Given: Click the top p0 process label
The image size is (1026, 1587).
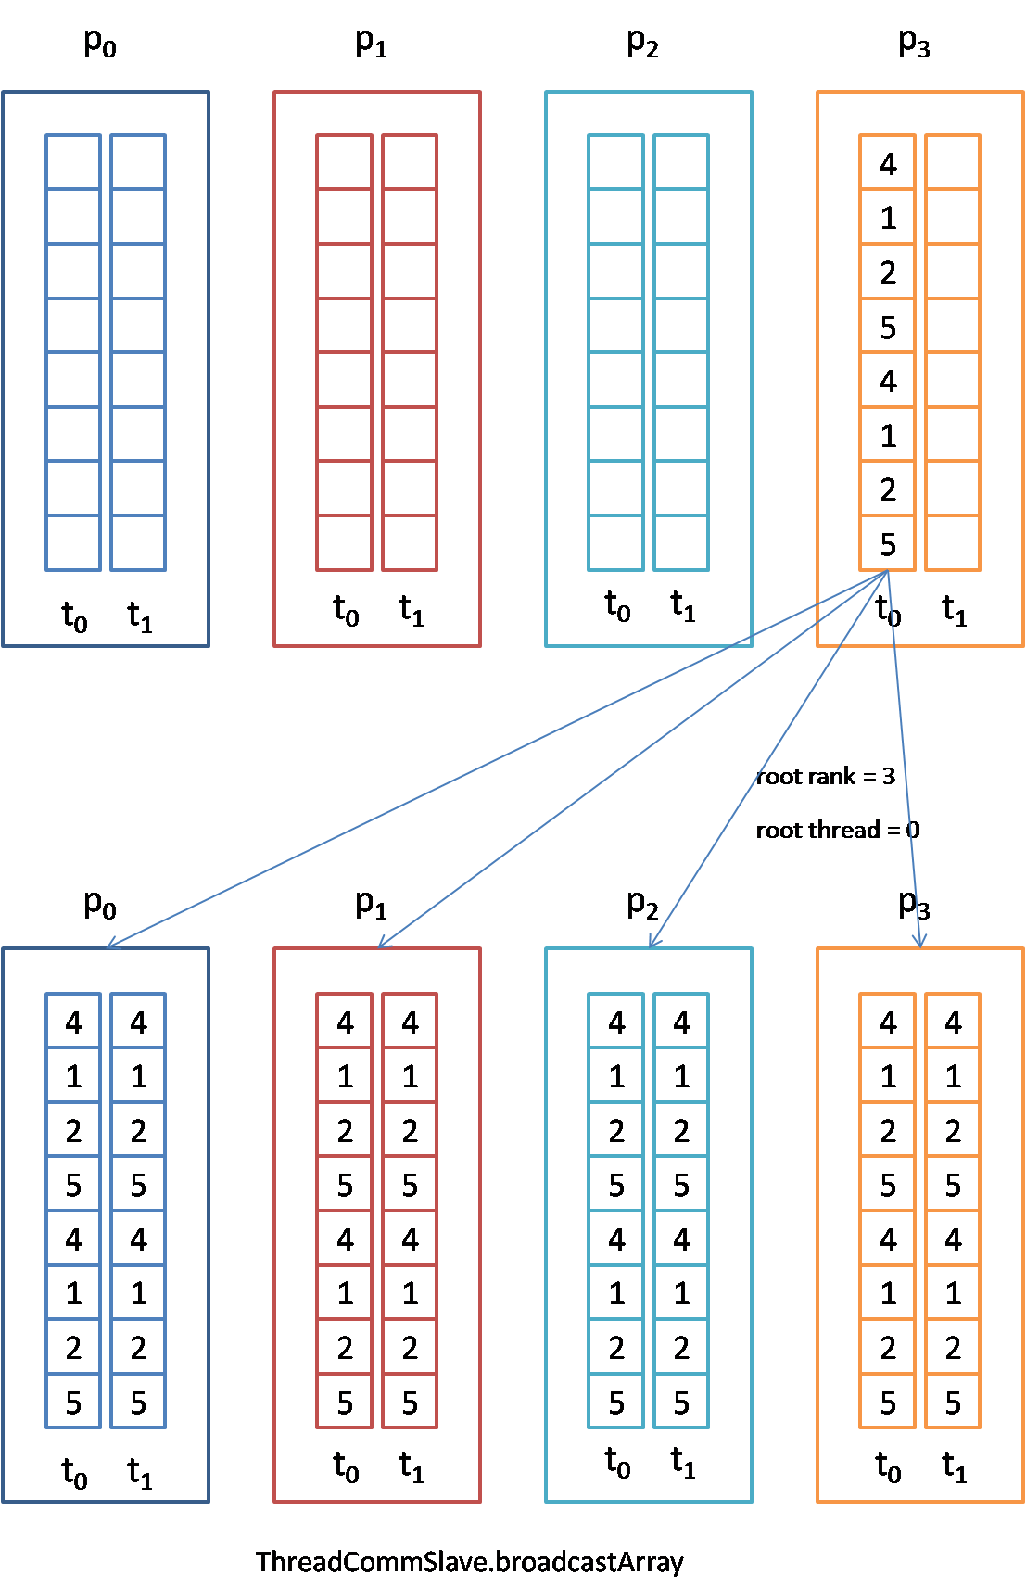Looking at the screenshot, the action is (100, 43).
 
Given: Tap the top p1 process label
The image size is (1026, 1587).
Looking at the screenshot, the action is (371, 43).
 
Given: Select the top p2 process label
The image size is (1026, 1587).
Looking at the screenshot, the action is (642, 43).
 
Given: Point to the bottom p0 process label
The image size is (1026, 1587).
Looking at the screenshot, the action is (100, 904).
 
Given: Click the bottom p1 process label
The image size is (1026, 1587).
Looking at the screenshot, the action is (371, 904).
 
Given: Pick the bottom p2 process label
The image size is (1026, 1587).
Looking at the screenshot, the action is (642, 904).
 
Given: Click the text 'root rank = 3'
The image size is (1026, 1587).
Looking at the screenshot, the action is (825, 776).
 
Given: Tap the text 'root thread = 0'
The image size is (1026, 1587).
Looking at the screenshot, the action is (837, 830).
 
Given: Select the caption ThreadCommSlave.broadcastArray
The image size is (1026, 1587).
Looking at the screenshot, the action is (469, 1562).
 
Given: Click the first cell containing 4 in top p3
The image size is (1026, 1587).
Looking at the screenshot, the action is (888, 164).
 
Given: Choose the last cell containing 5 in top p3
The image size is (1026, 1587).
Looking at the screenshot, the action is (888, 544).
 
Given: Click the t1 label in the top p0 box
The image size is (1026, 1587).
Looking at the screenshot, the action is (140, 616).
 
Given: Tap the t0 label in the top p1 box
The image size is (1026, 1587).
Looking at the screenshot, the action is (346, 611).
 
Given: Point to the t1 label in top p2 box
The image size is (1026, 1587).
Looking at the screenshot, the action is (683, 606).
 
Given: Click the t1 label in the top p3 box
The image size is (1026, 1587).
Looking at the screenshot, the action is (955, 611).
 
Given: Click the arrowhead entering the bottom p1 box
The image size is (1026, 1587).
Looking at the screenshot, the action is (382, 945).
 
